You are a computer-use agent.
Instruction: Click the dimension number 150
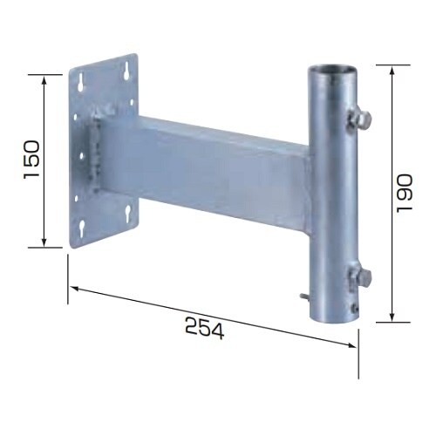pyautogui.click(x=31, y=160)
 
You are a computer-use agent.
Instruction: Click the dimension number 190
pyautogui.click(x=405, y=194)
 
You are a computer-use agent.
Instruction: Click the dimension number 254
pyautogui.click(x=205, y=328)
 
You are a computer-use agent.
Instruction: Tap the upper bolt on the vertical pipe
pyautogui.click(x=361, y=119)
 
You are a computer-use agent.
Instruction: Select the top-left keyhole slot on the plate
pyautogui.click(x=81, y=82)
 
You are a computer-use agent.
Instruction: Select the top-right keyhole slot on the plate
pyautogui.click(x=126, y=71)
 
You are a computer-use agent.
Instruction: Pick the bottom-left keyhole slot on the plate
pyautogui.click(x=82, y=228)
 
